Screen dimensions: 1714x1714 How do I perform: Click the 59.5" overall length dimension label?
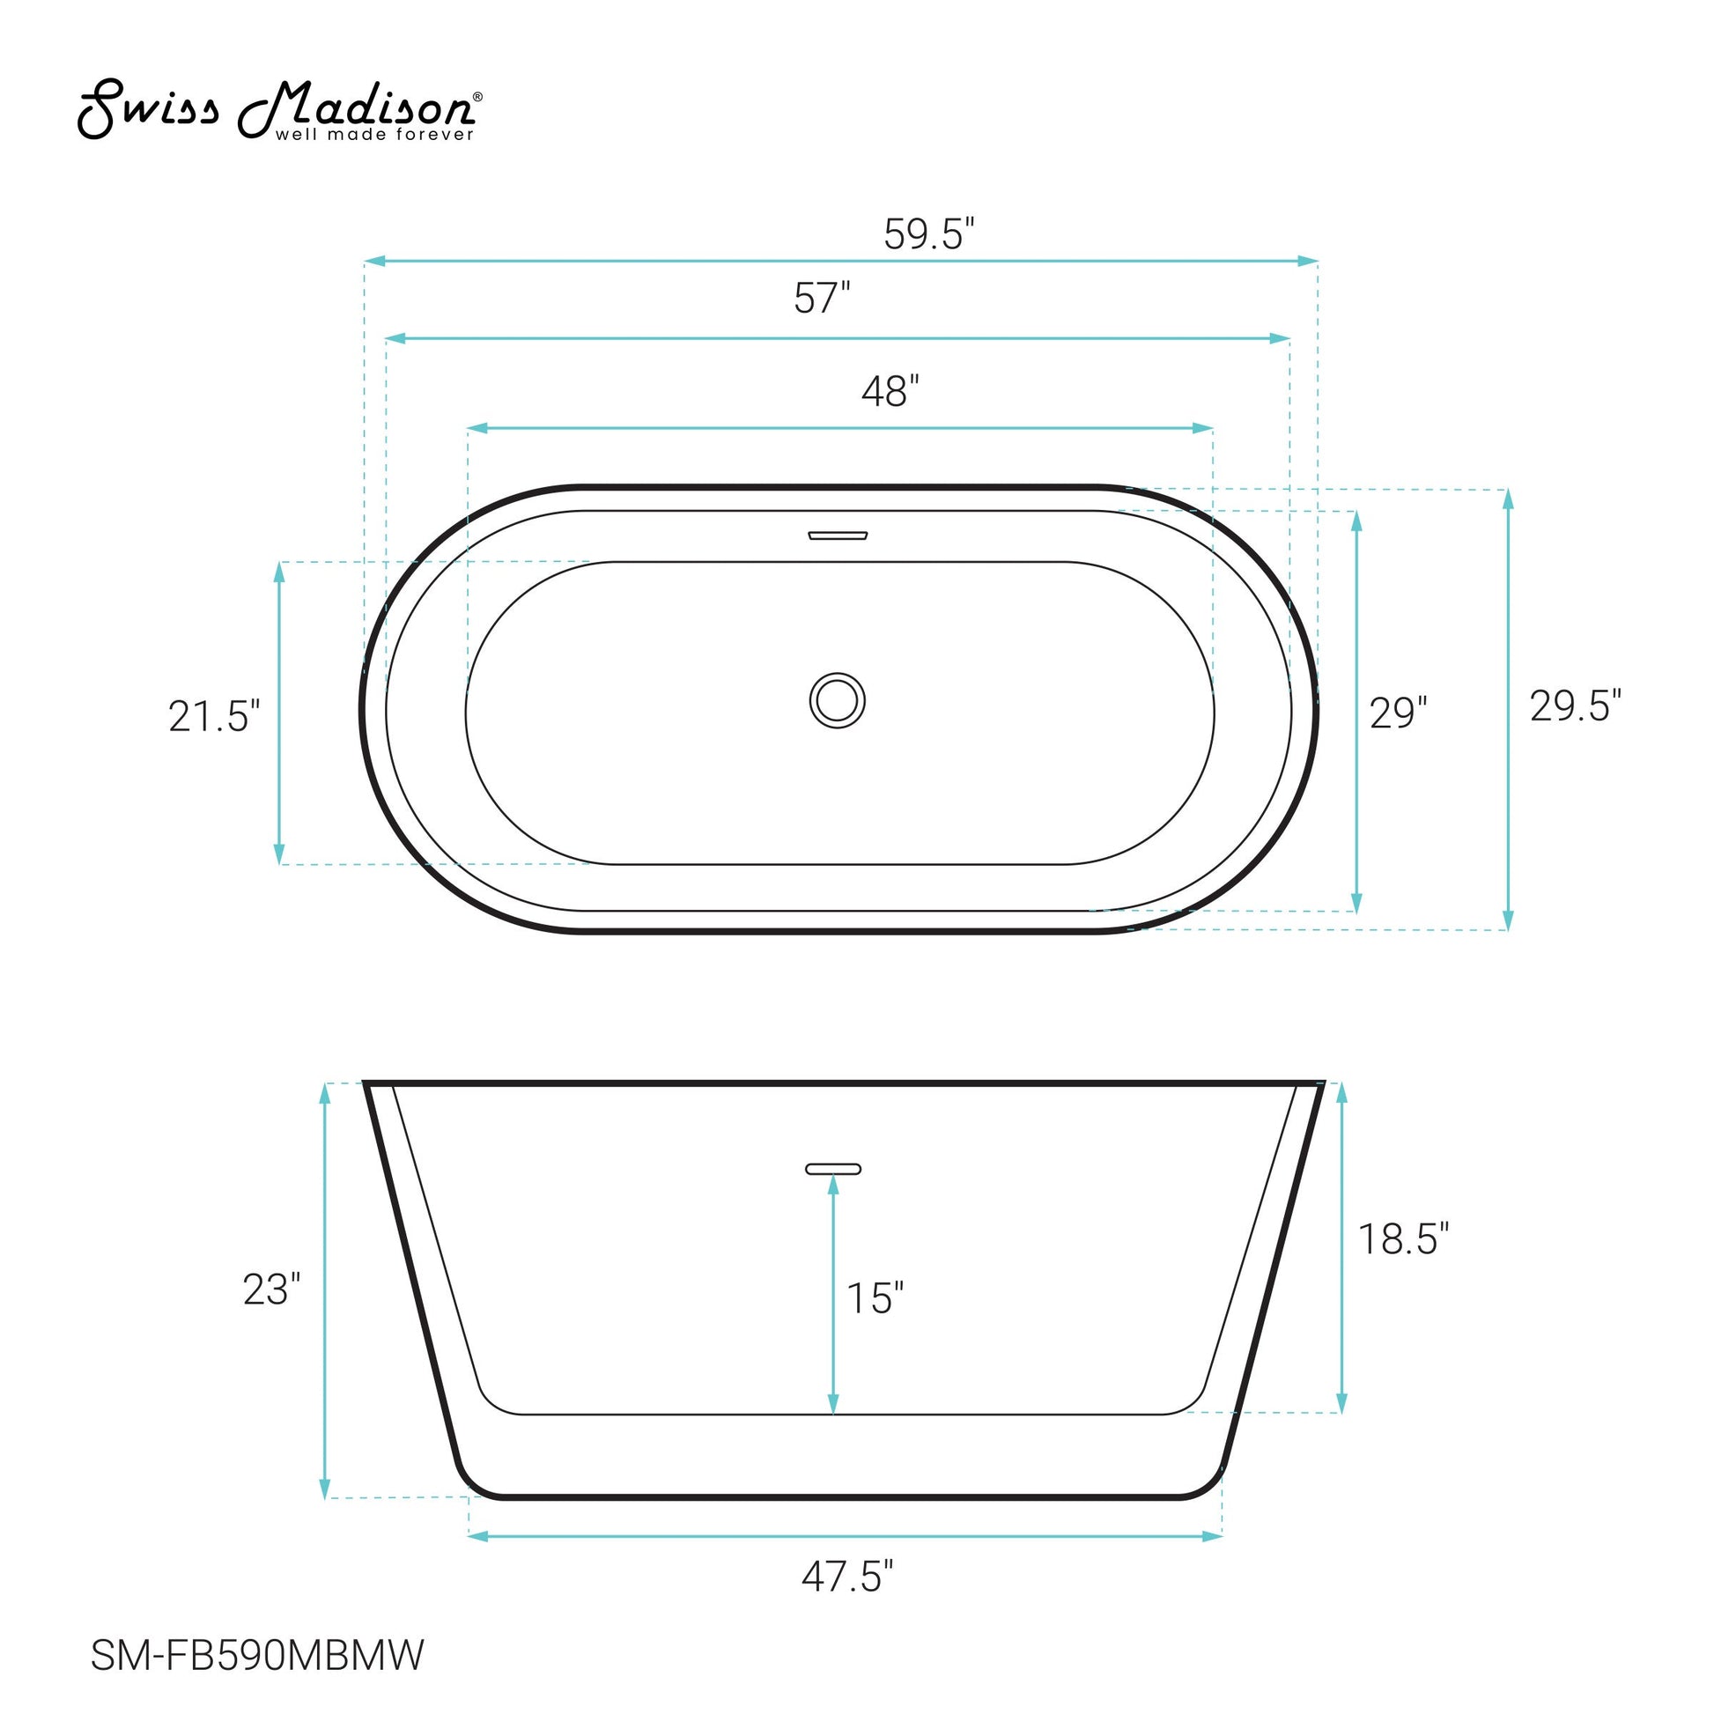(x=929, y=234)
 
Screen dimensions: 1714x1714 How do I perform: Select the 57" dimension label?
(x=822, y=298)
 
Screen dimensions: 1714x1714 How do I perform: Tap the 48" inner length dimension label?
(x=890, y=391)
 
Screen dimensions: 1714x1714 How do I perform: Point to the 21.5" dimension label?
(x=215, y=716)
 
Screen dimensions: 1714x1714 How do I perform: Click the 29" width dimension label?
(x=1398, y=713)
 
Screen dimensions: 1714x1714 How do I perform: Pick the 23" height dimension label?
(x=271, y=1290)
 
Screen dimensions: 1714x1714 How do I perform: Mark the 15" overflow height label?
(x=875, y=1298)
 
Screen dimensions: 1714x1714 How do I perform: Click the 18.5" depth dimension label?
(x=1403, y=1238)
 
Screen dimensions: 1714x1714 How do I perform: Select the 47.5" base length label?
(x=847, y=1577)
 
